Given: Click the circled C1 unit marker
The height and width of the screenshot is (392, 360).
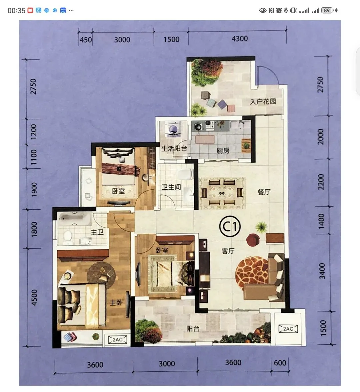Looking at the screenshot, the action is (229, 226).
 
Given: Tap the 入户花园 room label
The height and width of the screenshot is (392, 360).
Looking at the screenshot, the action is (263, 101).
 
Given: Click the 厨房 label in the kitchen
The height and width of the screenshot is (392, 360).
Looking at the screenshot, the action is (223, 151).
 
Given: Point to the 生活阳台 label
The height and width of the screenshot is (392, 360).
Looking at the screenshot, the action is (174, 149).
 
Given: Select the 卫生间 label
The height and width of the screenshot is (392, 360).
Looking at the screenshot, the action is (171, 187).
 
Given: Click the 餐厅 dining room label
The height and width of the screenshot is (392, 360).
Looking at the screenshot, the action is (264, 192).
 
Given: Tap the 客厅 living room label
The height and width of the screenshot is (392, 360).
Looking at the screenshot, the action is (228, 251).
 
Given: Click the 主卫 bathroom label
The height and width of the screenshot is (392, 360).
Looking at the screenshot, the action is (97, 232).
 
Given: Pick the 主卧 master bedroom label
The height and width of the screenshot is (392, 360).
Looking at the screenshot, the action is (116, 303).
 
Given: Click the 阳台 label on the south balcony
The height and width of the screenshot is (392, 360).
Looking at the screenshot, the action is (193, 329).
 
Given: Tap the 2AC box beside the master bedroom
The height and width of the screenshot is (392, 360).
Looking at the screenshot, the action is (117, 339).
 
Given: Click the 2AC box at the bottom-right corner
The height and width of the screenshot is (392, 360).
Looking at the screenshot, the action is (288, 329).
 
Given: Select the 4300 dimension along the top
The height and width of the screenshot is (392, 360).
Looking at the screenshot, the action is (240, 39).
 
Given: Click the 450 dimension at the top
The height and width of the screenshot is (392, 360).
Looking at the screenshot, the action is (85, 40).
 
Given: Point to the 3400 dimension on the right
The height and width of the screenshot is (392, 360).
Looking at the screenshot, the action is (322, 271).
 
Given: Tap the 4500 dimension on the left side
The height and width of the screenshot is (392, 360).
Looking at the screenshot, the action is (34, 297).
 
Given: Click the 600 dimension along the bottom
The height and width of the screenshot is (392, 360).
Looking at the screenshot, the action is (280, 363).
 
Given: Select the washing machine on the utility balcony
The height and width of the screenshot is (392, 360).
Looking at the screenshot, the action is (173, 129).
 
